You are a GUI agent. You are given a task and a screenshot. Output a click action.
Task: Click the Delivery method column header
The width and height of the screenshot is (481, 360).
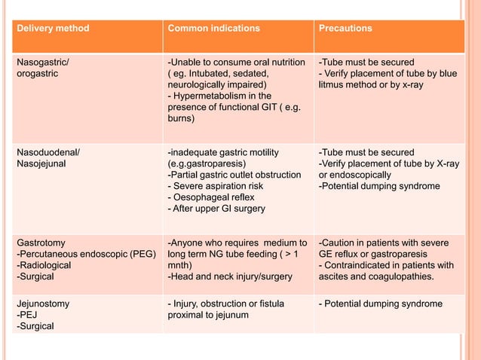click(53, 29)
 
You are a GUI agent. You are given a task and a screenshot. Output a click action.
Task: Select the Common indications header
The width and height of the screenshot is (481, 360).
click(213, 29)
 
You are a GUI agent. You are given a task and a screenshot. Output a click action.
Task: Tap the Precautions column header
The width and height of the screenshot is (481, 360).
click(345, 29)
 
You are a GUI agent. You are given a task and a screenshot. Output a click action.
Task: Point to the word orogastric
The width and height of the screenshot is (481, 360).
click(38, 74)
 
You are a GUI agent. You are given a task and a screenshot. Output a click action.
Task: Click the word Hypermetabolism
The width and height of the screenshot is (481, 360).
click(210, 96)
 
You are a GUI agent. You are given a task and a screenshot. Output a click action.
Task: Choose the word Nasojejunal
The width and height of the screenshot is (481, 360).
click(44, 164)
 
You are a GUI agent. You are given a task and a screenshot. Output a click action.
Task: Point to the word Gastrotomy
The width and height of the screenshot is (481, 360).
click(41, 243)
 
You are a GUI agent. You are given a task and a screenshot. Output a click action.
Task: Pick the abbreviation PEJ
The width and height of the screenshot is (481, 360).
click(29, 315)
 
